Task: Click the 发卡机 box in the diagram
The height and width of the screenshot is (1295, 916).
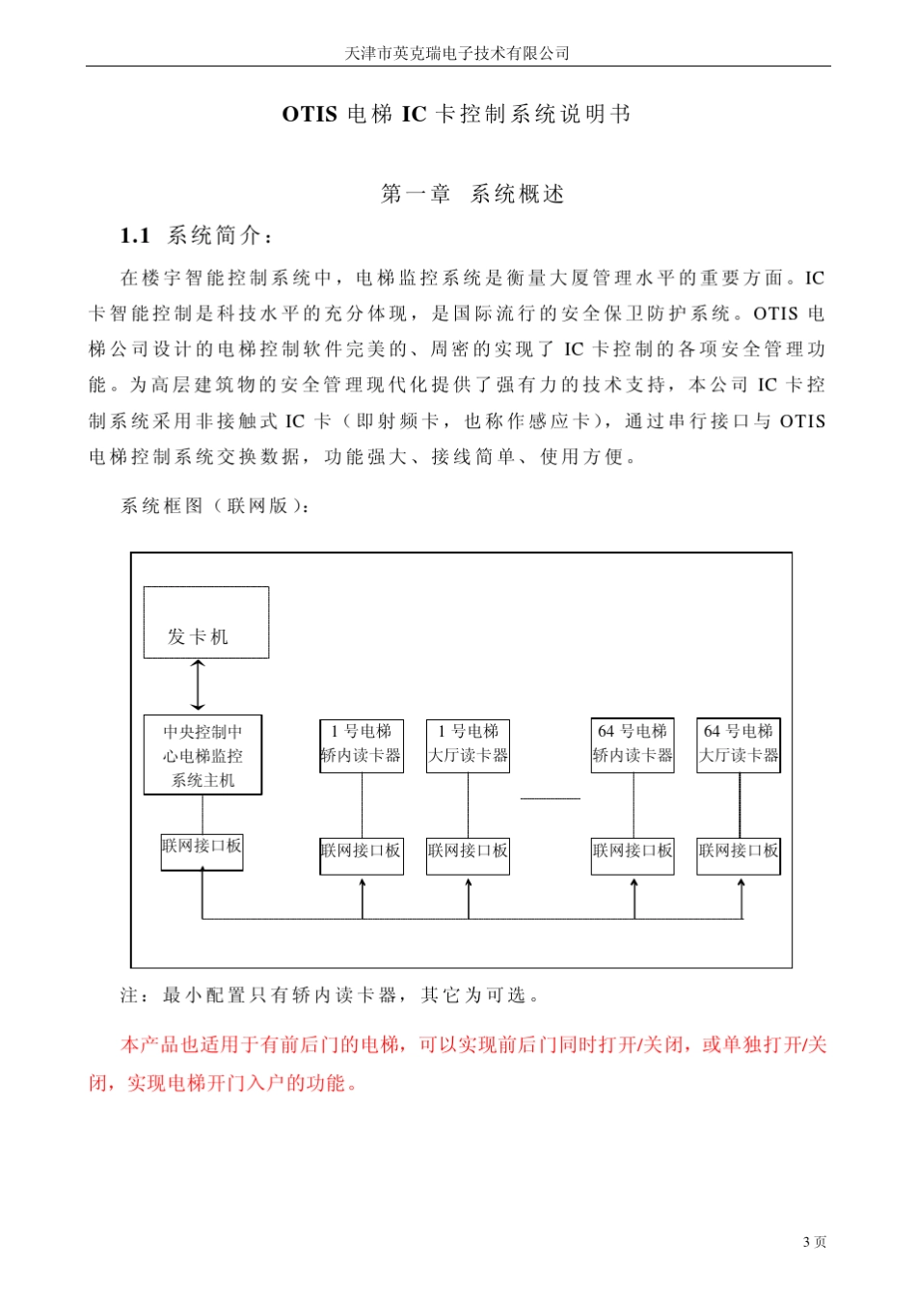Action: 206,623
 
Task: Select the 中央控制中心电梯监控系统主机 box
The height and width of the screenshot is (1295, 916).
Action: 202,755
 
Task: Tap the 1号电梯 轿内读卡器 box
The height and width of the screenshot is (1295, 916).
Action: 362,744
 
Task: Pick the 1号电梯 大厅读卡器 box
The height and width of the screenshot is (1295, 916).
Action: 468,744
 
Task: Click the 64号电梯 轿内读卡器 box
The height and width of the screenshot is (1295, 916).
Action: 633,744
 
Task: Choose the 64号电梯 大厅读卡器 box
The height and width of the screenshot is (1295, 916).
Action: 739,744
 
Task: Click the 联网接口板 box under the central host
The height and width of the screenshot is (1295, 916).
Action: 202,851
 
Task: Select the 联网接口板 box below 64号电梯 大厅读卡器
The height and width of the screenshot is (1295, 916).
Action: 739,854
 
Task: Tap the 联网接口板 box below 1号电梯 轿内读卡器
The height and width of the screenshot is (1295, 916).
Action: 362,854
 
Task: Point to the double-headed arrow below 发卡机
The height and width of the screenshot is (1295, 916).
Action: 199,686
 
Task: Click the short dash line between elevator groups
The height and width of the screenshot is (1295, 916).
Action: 550,798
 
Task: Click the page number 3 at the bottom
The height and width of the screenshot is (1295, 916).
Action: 806,1242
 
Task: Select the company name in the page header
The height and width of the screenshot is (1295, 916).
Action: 457,54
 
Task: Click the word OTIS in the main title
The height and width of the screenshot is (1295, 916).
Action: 310,115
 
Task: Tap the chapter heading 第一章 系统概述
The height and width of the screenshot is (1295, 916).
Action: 472,195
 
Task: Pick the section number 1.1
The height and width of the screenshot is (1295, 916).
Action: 135,236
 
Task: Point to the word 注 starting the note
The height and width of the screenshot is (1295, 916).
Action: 129,995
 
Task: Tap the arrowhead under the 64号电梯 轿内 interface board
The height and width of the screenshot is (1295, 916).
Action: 634,884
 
